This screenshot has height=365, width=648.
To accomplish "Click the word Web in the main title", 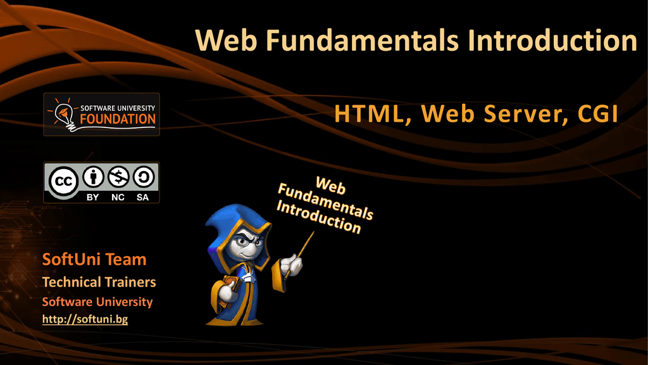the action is [226, 40].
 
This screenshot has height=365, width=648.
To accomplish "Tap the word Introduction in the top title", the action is [552, 40].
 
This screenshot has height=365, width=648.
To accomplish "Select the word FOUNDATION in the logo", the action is [118, 119].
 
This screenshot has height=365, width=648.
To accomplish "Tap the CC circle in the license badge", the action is [64, 181].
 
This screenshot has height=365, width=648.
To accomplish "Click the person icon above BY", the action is [93, 177].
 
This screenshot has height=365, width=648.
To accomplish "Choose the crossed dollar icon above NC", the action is [118, 177].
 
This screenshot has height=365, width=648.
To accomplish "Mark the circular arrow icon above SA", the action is [144, 177].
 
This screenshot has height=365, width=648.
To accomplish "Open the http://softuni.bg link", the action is [85, 319].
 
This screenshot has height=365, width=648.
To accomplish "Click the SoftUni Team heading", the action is [94, 259].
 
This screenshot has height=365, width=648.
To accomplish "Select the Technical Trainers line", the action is [99, 282].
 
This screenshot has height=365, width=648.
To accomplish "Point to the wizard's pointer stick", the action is [300, 253].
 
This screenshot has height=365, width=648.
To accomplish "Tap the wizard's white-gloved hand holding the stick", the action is [292, 266].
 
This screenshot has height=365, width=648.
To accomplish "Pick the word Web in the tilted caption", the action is [330, 186].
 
